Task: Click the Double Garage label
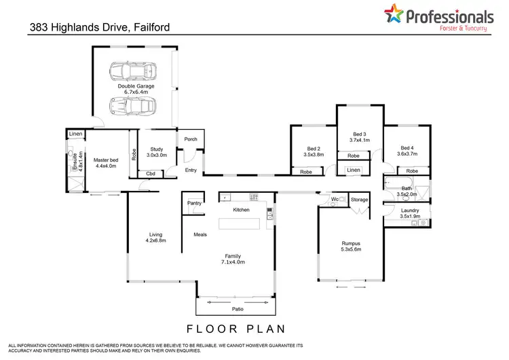[134, 86]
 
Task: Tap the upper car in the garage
[134, 71]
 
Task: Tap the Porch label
[191, 139]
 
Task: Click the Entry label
[191, 170]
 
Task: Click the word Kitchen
[242, 210]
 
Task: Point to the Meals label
[200, 234]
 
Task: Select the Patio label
[237, 309]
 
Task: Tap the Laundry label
[410, 213]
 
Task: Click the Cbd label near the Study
[151, 175]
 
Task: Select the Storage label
[360, 200]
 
